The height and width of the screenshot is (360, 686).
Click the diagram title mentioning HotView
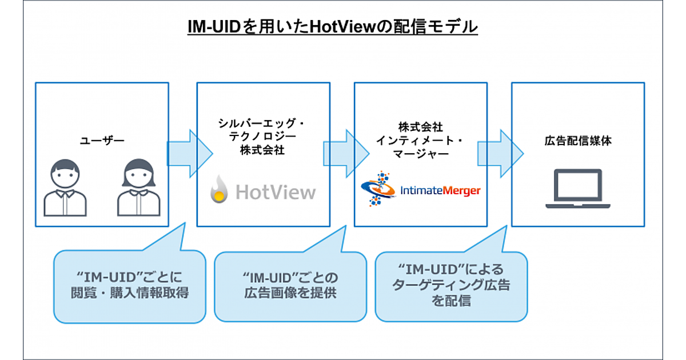332,27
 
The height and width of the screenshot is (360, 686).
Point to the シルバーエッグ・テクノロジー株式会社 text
263,137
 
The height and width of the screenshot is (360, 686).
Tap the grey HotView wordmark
275,191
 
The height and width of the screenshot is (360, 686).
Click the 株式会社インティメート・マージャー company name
420,141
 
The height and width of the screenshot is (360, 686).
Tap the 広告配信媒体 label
577,140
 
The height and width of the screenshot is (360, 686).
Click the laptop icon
579,189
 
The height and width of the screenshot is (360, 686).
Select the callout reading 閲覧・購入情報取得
129,286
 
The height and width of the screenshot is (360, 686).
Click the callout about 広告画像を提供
290,286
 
